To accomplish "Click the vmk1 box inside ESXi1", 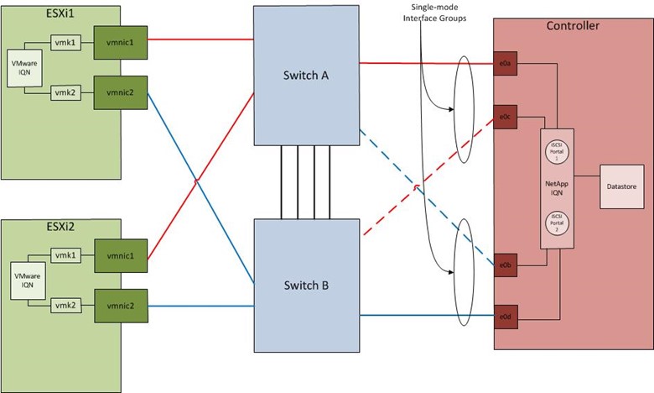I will click(64, 39).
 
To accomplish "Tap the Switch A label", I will click(306, 76).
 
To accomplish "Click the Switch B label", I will click(306, 286).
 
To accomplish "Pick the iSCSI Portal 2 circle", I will click(553, 224).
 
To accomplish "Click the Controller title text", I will click(572, 26).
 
